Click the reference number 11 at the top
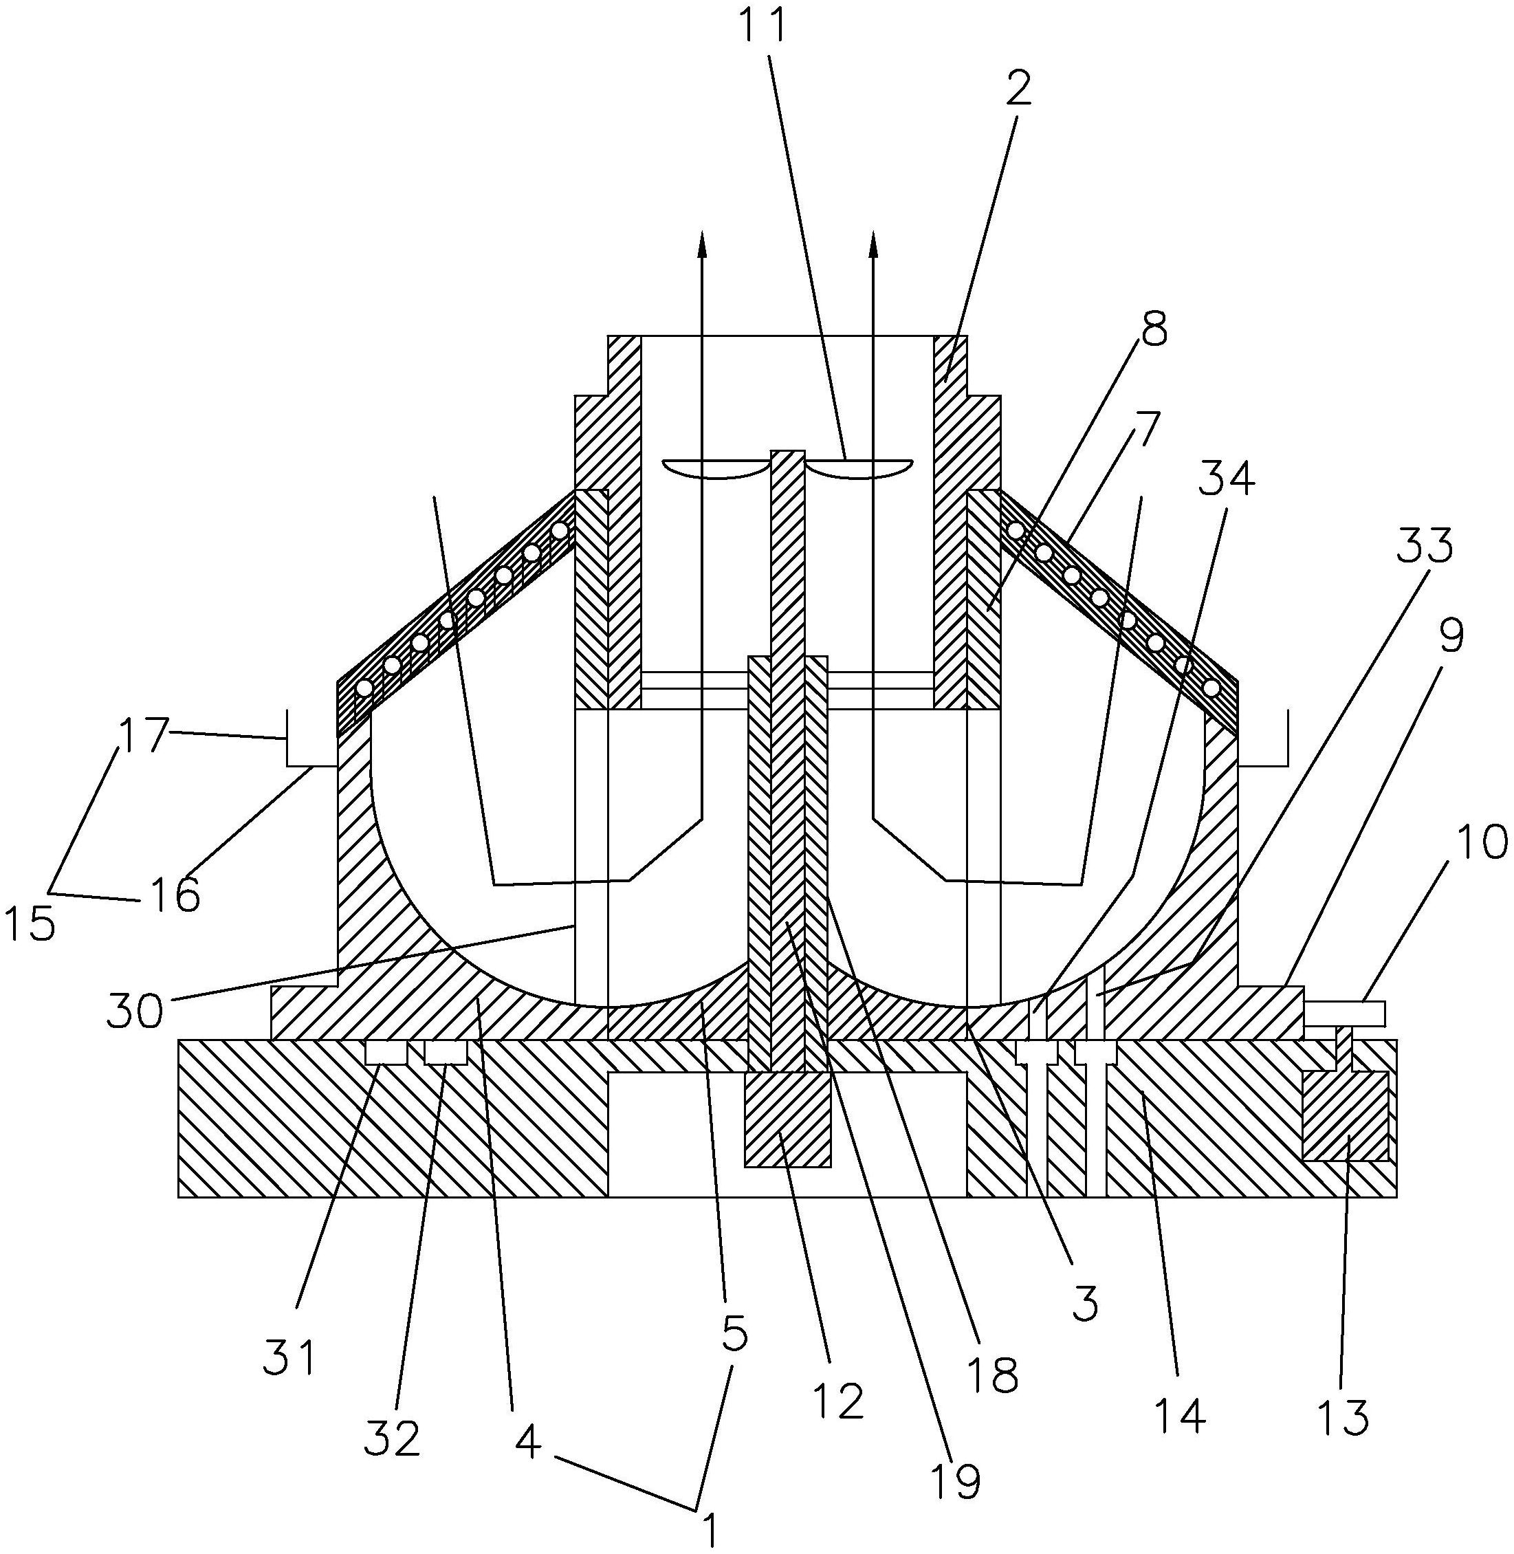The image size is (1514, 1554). [763, 25]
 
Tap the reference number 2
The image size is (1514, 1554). [1018, 89]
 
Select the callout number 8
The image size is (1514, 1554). [1154, 328]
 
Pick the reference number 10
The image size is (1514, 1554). [1482, 842]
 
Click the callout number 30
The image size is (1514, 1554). [135, 1011]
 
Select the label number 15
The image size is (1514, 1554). [30, 923]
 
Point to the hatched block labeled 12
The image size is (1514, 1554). [787, 1121]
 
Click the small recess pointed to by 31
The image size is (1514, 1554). [386, 1053]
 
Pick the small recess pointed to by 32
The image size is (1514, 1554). [446, 1053]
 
